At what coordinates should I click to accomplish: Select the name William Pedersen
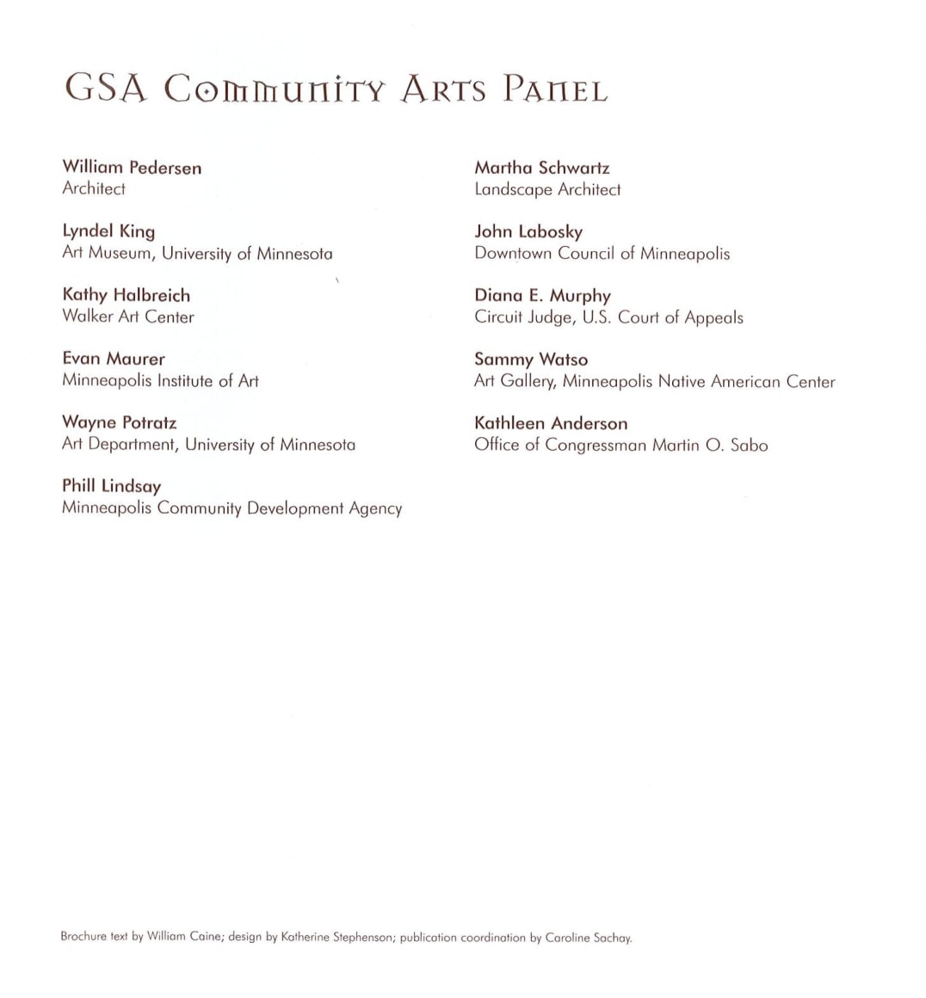coord(132,168)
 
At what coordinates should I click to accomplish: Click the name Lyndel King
coord(108,231)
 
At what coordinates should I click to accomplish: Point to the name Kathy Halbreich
coord(126,295)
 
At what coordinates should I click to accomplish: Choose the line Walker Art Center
coord(128,317)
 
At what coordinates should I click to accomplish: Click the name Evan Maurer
coord(113,359)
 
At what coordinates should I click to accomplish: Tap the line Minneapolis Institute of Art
coord(160,380)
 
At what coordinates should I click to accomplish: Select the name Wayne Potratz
coord(119,422)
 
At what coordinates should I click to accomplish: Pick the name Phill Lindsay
coord(111,486)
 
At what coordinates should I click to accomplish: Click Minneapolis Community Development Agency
coord(231,508)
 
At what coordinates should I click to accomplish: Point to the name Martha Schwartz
coord(541,168)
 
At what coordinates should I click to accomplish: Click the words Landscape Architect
coord(547,189)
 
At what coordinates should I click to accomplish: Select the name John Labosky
coord(528,231)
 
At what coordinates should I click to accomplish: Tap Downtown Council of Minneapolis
coord(602,254)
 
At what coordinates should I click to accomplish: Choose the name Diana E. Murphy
coord(542,296)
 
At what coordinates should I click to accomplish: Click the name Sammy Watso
coord(531,360)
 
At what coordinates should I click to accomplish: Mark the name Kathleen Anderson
coord(551,423)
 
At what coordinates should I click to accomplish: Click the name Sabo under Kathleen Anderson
coord(749,446)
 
